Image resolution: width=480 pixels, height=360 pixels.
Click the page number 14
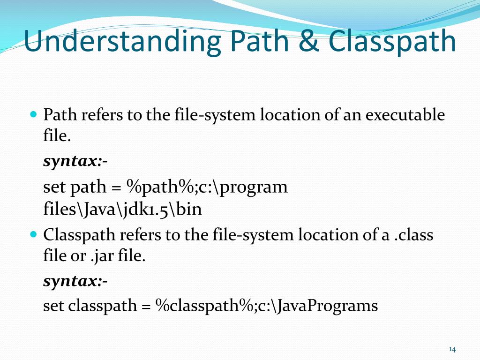pyautogui.click(x=452, y=349)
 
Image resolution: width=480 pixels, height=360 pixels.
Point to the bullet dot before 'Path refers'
pyautogui.click(x=33, y=114)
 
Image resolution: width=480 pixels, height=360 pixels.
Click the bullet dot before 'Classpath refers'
pyautogui.click(x=33, y=233)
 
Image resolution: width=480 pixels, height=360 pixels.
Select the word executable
pyautogui.click(x=405, y=115)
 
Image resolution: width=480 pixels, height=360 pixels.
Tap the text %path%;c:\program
pyautogui.click(x=207, y=187)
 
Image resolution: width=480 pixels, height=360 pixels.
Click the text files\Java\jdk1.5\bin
pyautogui.click(x=122, y=209)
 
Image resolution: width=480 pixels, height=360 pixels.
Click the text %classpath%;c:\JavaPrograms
pyautogui.click(x=267, y=306)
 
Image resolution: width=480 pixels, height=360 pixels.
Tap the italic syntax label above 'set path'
pyautogui.click(x=73, y=162)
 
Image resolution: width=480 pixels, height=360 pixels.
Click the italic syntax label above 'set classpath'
pyautogui.click(x=73, y=282)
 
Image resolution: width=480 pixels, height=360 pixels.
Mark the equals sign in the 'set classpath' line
pyautogui.click(x=146, y=306)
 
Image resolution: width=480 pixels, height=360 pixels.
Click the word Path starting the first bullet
pyautogui.click(x=60, y=115)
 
